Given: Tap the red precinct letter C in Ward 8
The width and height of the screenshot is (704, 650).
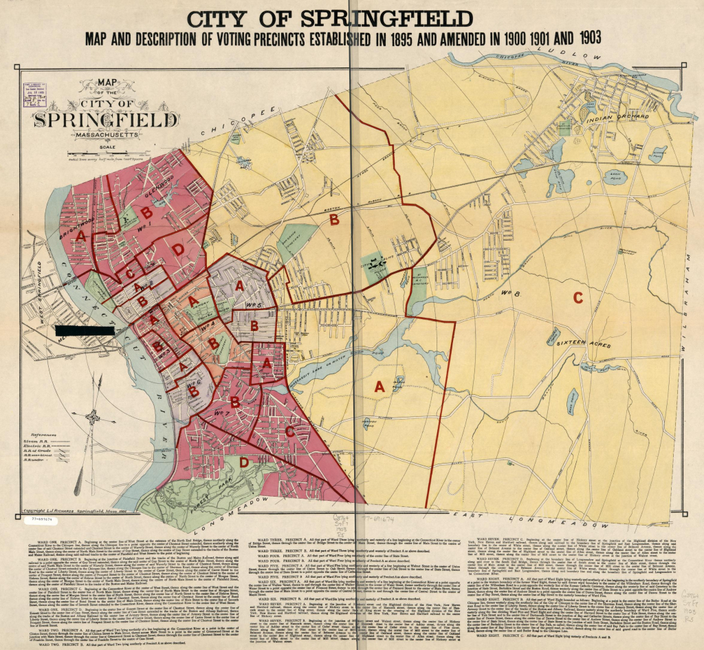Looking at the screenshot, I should point(577,297).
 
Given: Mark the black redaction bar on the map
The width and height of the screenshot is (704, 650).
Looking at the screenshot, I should point(87,330).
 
